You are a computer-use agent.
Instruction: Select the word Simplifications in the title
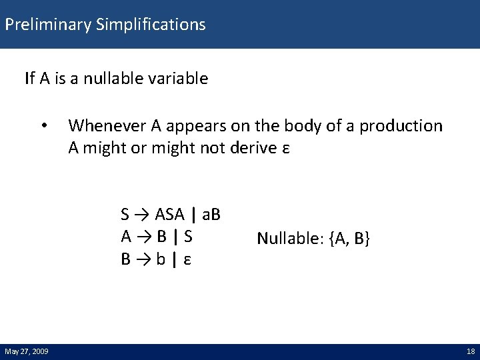(x=151, y=25)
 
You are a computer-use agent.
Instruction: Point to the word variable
(x=178, y=79)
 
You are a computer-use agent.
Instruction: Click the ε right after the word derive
(x=285, y=147)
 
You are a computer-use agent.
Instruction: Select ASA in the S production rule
(x=170, y=215)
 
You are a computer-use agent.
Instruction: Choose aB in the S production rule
(x=212, y=215)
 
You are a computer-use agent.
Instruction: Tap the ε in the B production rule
(x=187, y=259)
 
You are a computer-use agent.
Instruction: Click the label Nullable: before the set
(x=291, y=239)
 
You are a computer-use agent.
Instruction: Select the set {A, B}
(x=350, y=239)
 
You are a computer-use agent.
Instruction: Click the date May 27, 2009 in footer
(x=27, y=351)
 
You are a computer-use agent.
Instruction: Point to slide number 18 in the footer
(x=469, y=351)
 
